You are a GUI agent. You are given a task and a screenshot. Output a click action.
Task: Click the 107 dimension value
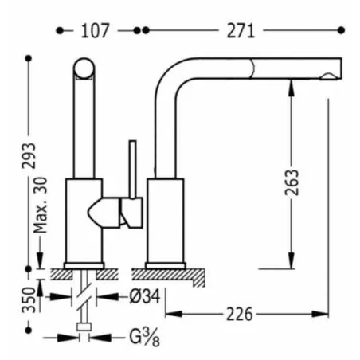(95, 31)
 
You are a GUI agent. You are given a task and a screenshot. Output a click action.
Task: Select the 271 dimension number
(241, 31)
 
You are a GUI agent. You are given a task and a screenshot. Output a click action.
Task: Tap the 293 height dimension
(29, 155)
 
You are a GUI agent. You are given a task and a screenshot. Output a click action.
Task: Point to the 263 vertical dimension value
(292, 182)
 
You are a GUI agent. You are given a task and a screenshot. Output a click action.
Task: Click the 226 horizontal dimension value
(240, 315)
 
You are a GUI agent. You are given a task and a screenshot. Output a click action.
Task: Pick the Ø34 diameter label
(145, 296)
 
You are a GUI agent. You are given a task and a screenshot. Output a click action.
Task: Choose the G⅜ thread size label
(145, 338)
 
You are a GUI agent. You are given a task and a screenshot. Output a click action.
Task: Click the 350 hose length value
(29, 299)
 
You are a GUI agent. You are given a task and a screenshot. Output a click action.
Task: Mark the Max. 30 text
(41, 205)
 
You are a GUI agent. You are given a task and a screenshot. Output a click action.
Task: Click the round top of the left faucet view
(84, 68)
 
